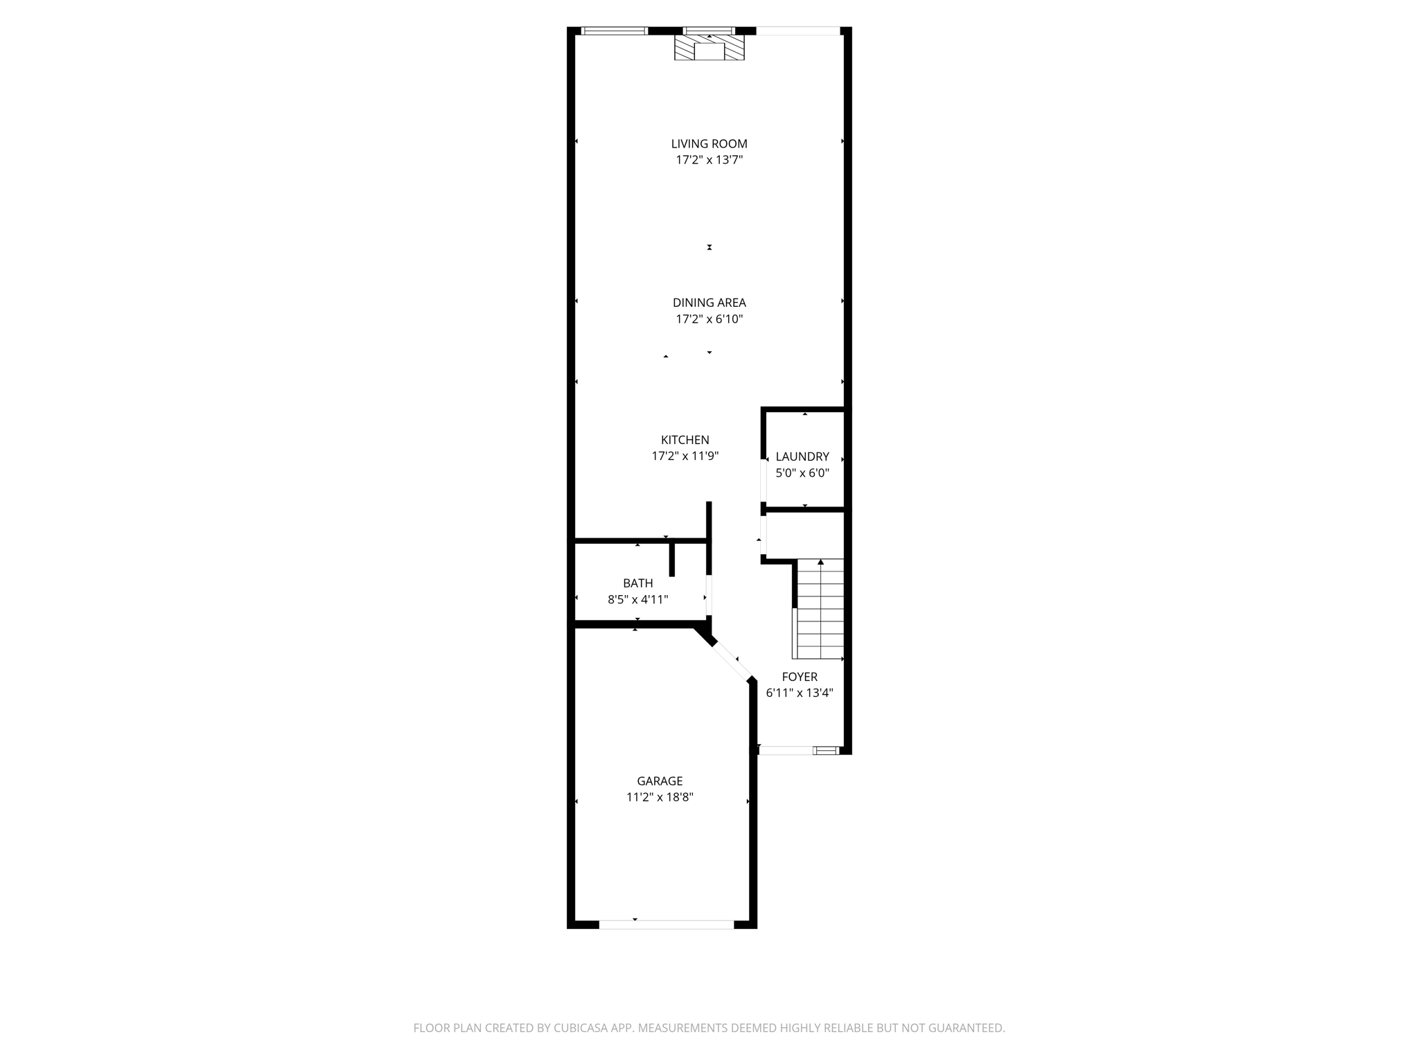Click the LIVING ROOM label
[709, 144]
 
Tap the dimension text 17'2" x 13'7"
[709, 160]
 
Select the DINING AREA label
[709, 303]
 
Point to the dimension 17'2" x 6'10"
[709, 319]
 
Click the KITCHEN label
[685, 440]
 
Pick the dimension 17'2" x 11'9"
[685, 456]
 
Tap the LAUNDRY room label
[802, 456]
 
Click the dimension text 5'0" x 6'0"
[802, 473]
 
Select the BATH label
[637, 583]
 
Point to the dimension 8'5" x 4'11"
[637, 600]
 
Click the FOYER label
[799, 677]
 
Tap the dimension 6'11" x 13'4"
[799, 693]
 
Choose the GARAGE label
[660, 781]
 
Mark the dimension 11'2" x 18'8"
[660, 797]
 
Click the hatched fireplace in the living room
[709, 49]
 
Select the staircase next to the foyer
[820, 610]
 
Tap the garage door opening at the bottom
[666, 924]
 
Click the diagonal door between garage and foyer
[731, 661]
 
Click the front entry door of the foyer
[786, 750]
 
